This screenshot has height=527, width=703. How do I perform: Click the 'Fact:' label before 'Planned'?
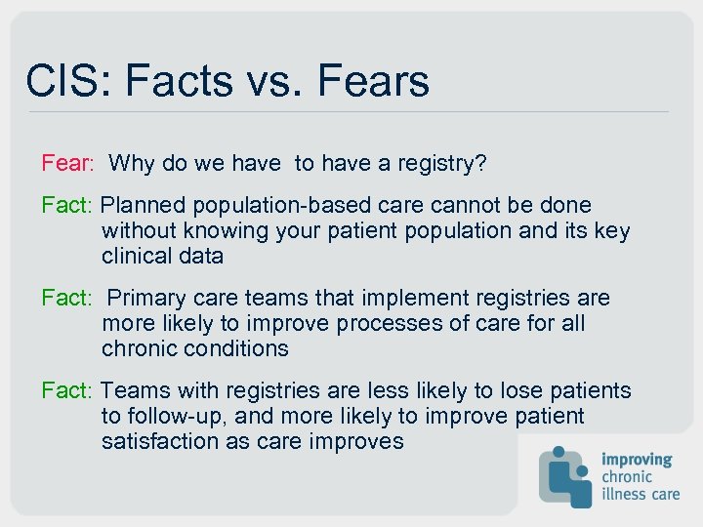[x=66, y=206]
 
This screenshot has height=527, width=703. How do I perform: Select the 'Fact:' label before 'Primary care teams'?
[x=66, y=298]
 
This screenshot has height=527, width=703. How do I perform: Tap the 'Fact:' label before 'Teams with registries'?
[x=66, y=390]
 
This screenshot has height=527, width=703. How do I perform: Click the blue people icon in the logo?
[x=566, y=475]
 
